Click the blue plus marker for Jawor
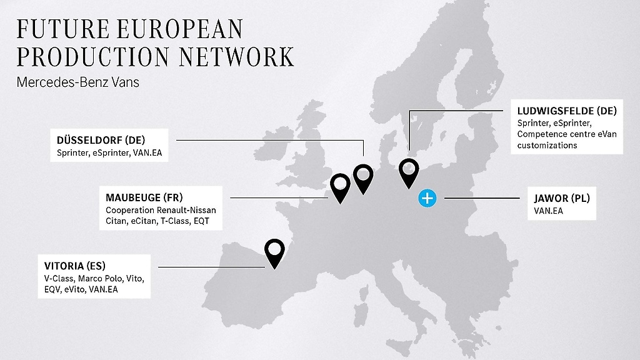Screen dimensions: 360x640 [x=427, y=199]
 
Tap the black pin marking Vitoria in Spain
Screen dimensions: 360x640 [x=274, y=251]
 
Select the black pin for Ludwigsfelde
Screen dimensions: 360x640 [x=409, y=171]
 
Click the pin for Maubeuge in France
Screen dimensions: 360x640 [x=340, y=186]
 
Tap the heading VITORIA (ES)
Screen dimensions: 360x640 [x=71, y=265]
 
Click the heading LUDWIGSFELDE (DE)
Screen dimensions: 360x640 [x=567, y=111]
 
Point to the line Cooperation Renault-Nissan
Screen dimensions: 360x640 [x=156, y=210]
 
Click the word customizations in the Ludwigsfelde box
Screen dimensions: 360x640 [x=547, y=145]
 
